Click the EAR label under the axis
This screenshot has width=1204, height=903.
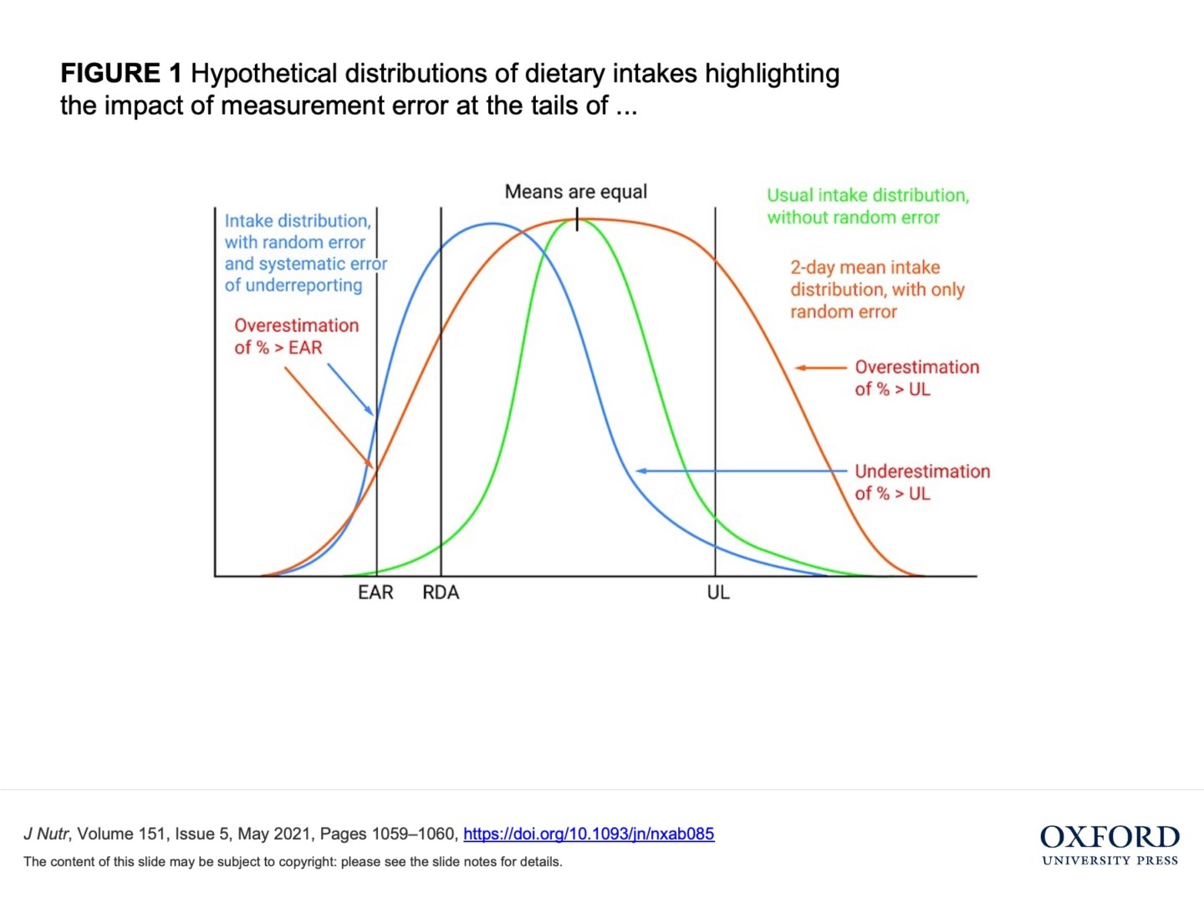375,593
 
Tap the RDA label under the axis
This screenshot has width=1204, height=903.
441,593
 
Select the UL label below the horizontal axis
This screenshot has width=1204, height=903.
718,593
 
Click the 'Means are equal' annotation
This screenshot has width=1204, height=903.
576,191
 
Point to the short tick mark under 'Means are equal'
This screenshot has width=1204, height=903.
577,221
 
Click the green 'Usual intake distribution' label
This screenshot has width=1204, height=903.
868,207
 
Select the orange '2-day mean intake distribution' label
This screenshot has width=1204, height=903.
877,289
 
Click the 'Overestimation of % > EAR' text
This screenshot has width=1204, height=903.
296,336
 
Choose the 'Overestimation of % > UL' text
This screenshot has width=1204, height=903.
916,378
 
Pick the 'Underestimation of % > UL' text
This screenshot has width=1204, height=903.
921,482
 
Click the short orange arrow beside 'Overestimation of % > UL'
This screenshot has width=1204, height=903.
820,368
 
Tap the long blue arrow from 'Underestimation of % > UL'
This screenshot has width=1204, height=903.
741,472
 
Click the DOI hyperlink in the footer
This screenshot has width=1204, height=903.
589,834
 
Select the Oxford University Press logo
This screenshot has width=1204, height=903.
1110,845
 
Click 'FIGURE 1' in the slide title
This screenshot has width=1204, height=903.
120,74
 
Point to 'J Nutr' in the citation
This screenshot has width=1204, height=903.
46,834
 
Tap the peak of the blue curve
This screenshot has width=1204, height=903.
492,224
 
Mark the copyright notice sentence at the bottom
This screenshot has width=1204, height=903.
293,862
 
